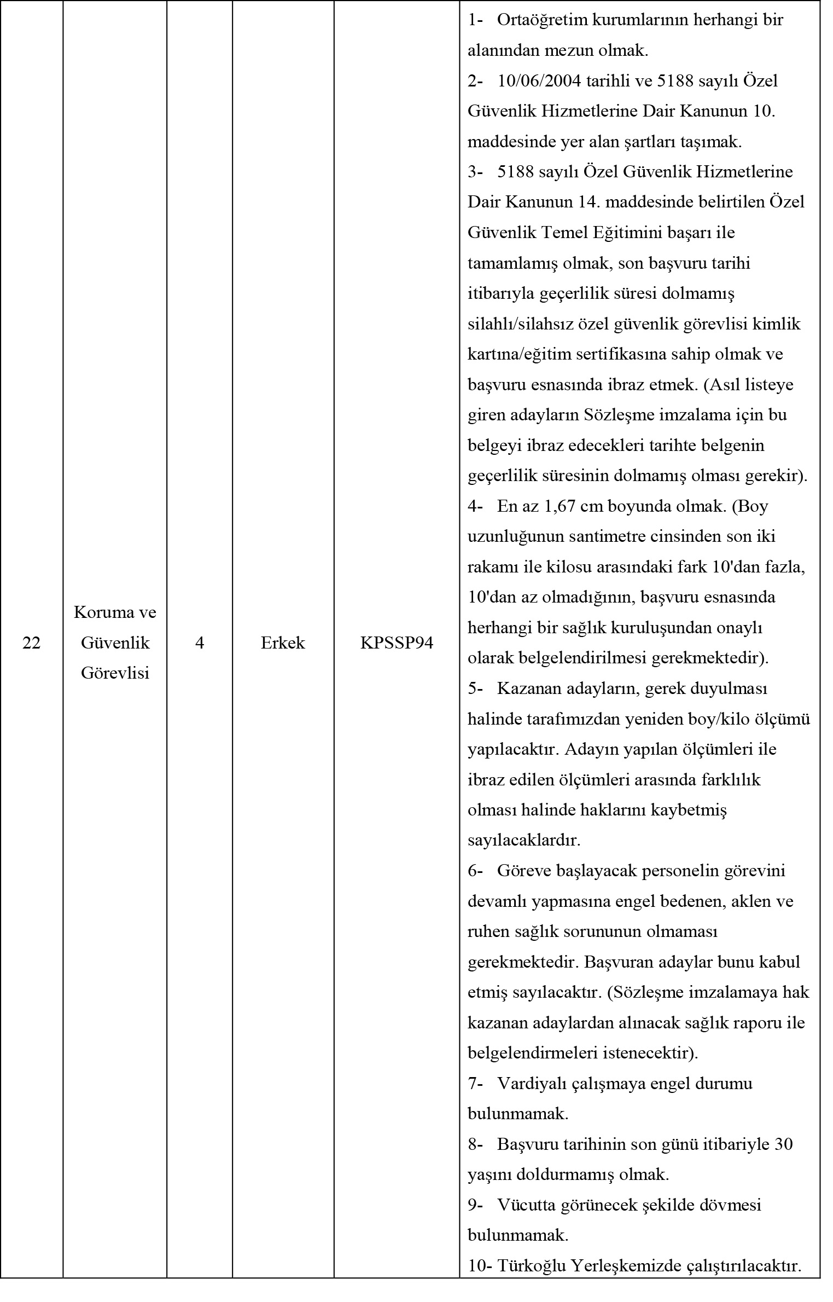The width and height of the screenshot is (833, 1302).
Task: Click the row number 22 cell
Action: [x=32, y=643]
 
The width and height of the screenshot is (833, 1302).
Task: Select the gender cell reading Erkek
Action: [x=283, y=643]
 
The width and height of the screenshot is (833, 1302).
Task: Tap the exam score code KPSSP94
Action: [x=397, y=643]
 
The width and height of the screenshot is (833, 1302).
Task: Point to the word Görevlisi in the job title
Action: [x=115, y=673]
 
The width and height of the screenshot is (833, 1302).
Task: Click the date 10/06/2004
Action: [x=540, y=81]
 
